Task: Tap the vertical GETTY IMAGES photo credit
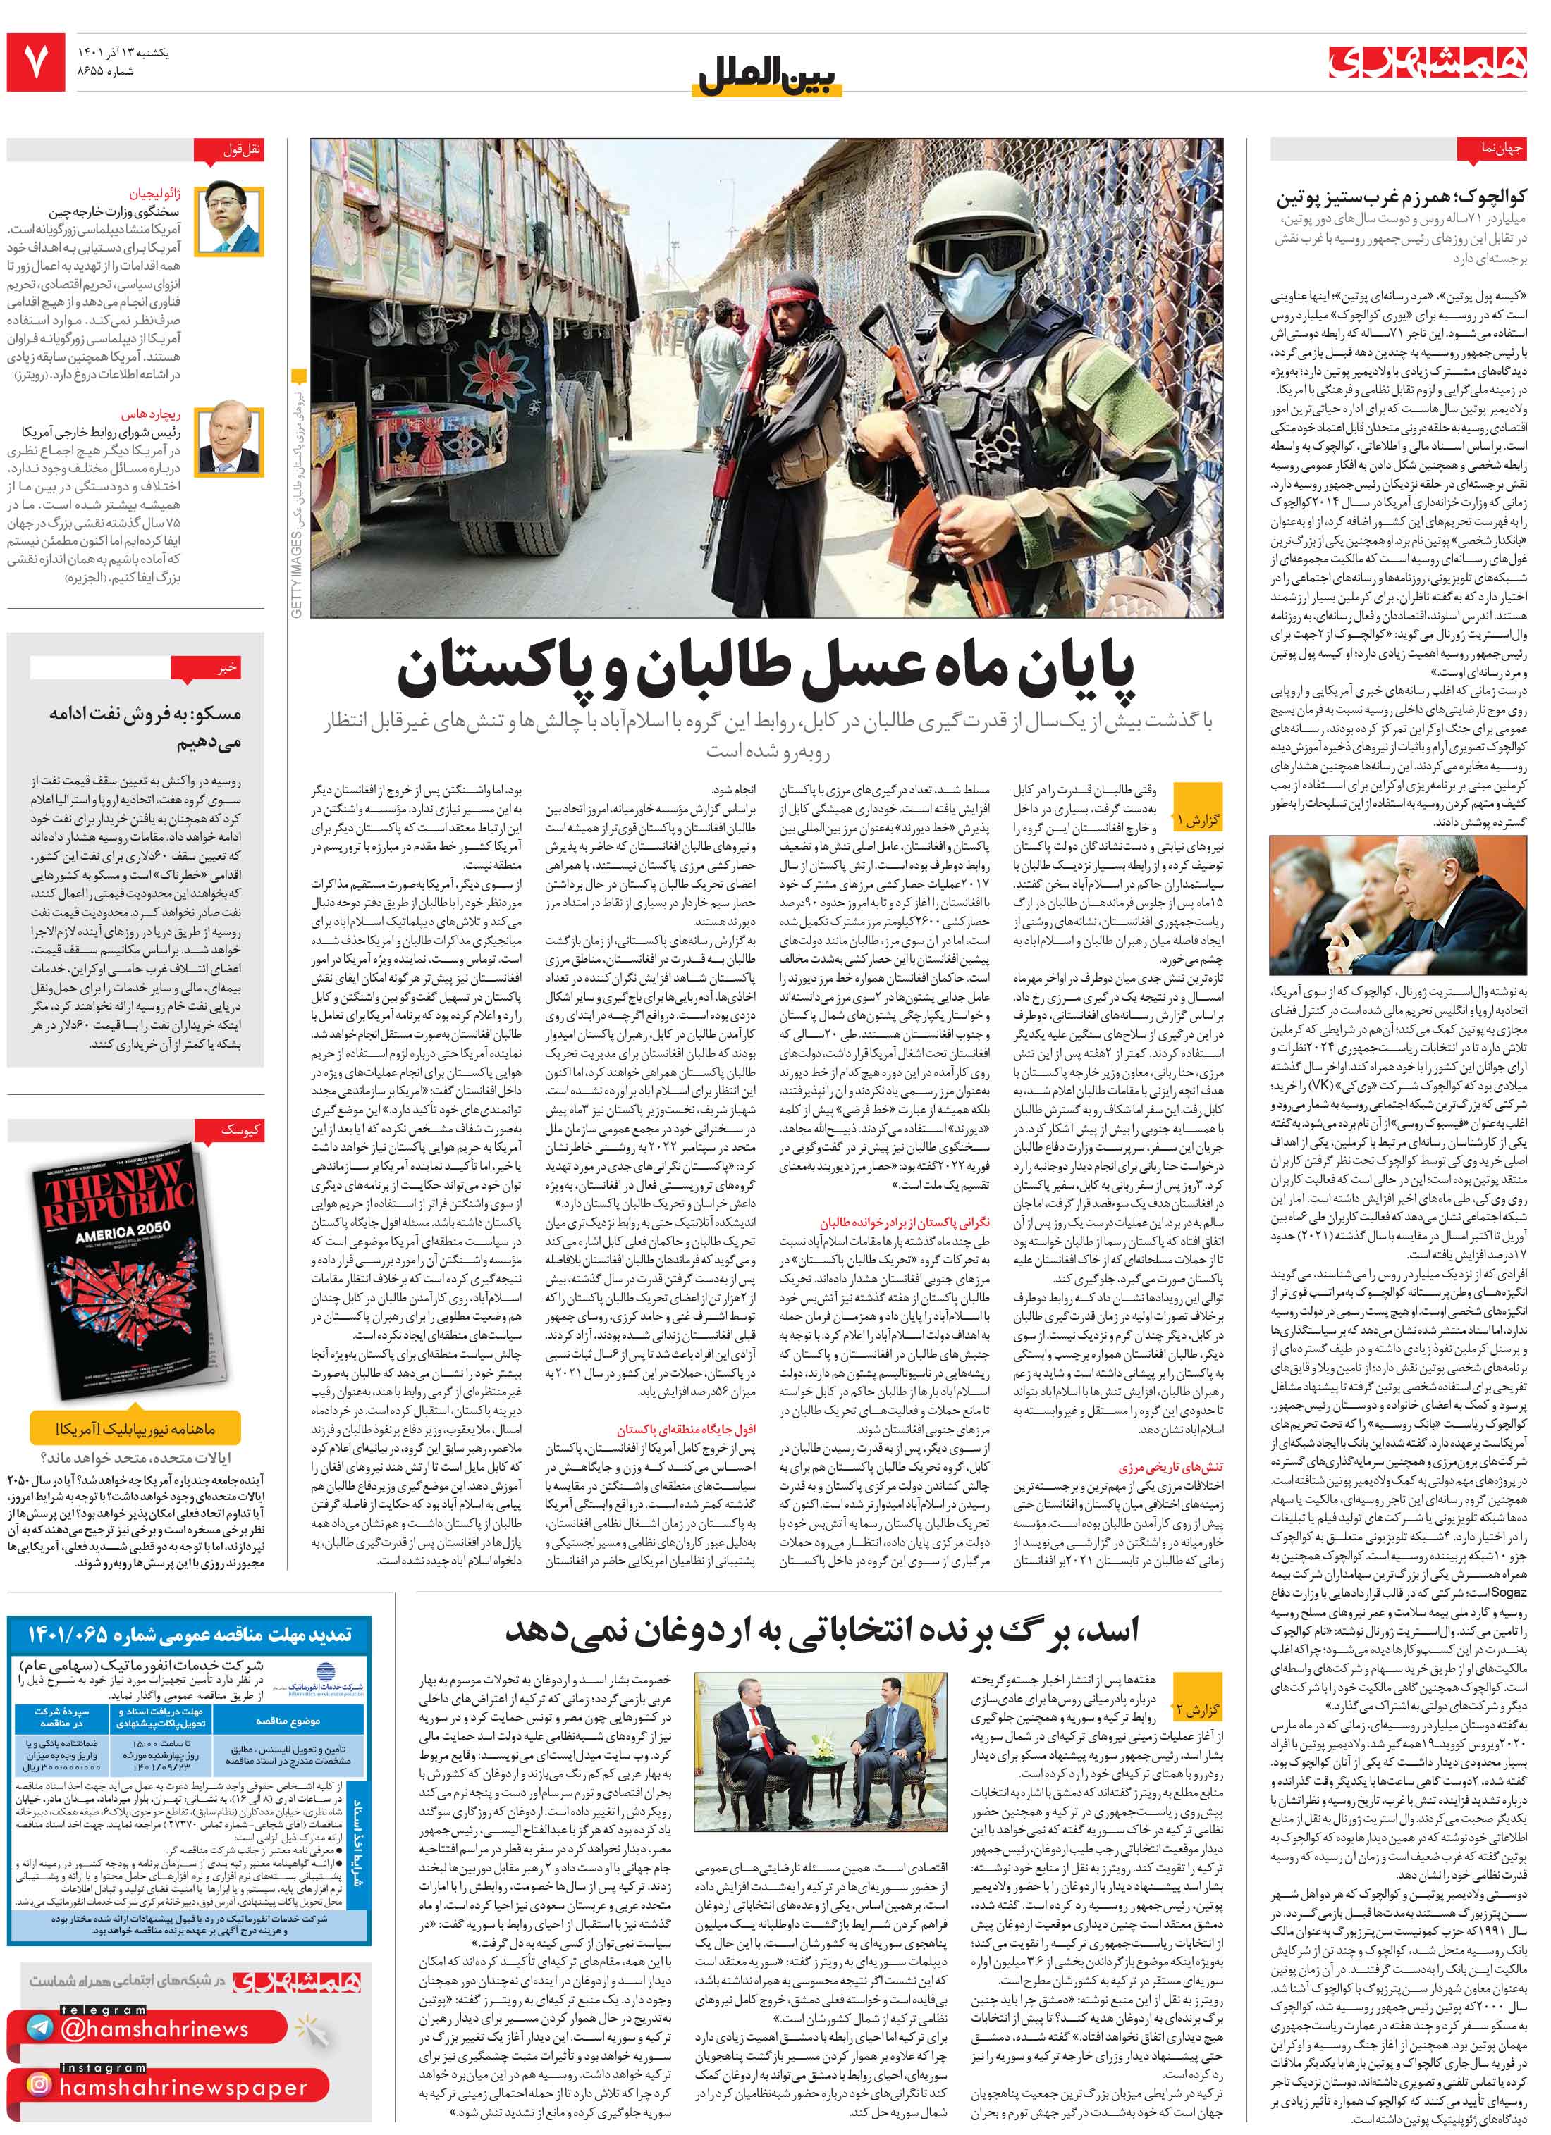[x=297, y=574]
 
